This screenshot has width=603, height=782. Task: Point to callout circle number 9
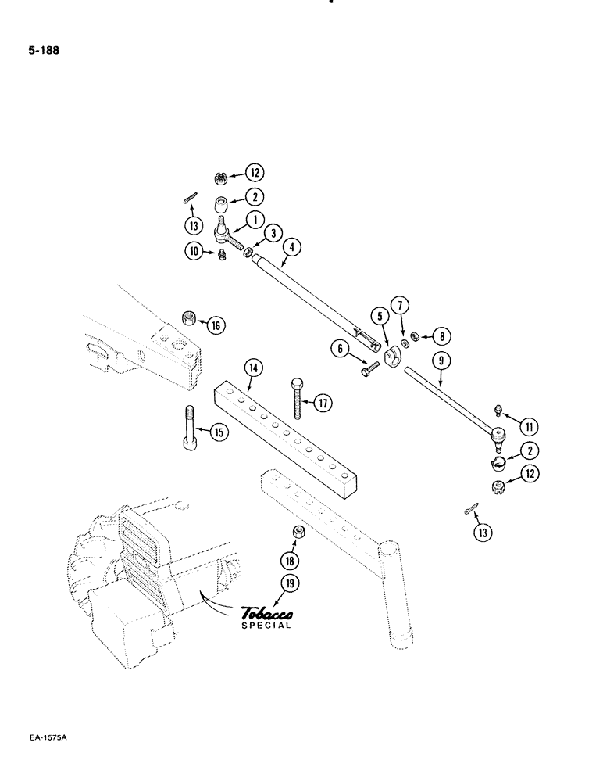[440, 361]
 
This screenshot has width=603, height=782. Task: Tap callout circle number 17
[322, 404]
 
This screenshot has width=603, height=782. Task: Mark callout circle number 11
[529, 427]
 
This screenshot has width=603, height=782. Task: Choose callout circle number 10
[193, 250]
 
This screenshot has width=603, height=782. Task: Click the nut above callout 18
[298, 533]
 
